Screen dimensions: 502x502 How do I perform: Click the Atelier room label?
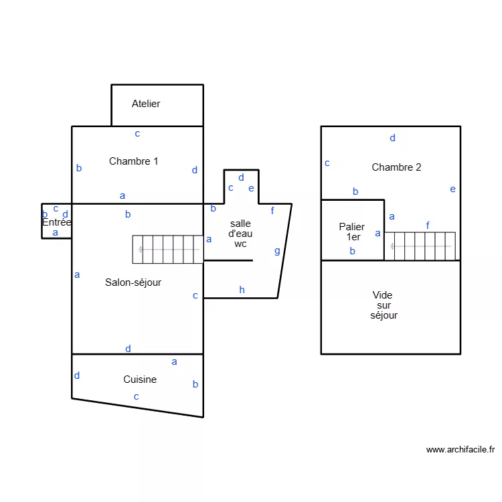[x=146, y=104]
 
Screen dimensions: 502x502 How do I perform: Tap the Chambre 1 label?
[x=133, y=161]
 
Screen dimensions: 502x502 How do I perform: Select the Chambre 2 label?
[x=396, y=167]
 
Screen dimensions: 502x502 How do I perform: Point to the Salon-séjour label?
[x=133, y=282]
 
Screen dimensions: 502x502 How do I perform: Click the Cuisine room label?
[x=140, y=380]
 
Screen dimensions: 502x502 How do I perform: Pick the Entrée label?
[x=56, y=222]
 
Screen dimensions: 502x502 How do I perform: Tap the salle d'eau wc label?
[x=240, y=234]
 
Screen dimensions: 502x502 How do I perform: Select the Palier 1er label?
[x=351, y=232]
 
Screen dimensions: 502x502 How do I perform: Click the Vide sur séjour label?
[x=384, y=305]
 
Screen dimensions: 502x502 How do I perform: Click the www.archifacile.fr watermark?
[x=460, y=450]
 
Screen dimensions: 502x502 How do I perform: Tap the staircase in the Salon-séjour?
[x=167, y=249]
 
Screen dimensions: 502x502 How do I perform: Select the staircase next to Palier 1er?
[x=420, y=246]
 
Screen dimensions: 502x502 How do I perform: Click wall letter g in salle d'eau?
[x=277, y=252]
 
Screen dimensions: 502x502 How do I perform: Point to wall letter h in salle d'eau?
[x=242, y=290]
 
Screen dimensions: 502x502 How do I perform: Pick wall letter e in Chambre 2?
[x=452, y=189]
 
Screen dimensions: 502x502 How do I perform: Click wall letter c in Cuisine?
[x=136, y=396]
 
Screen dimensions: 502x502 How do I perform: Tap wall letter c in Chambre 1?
[x=137, y=133]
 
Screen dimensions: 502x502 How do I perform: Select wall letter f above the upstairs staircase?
[x=428, y=226]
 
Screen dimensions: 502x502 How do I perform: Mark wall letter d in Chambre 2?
[x=392, y=138]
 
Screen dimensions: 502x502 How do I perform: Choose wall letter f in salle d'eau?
[x=272, y=211]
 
